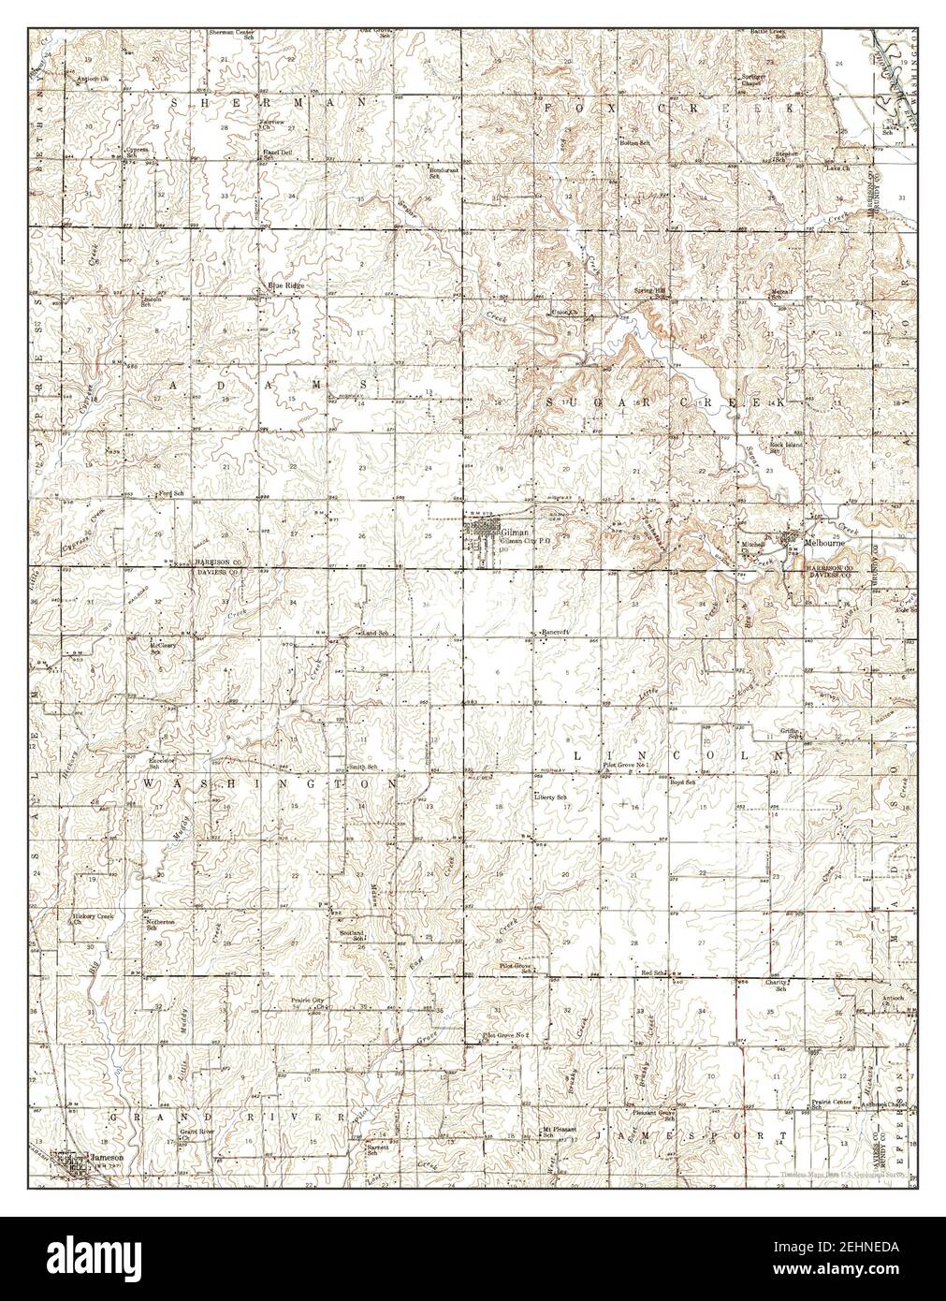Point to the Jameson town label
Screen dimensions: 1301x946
[x=97, y=1156]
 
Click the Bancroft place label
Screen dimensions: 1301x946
[x=556, y=633]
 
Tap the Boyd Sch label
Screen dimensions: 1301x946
[x=685, y=782]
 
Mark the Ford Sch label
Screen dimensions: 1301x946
[x=171, y=492]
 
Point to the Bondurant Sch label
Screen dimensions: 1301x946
[x=444, y=172]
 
